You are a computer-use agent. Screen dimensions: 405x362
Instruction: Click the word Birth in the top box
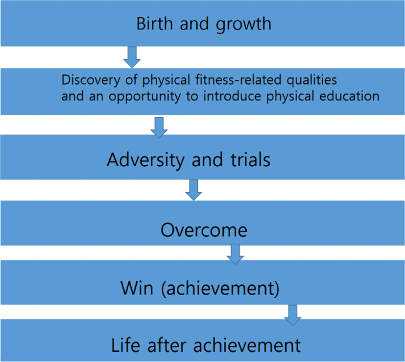click(x=154, y=24)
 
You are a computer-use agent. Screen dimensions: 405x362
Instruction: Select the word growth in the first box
click(x=243, y=25)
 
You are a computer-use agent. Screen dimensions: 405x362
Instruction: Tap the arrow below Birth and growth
click(x=132, y=57)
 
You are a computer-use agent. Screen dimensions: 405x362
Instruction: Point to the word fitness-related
click(x=238, y=79)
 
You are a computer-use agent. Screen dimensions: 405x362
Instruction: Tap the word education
click(x=350, y=96)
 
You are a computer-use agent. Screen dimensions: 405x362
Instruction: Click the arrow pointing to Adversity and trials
click(x=159, y=128)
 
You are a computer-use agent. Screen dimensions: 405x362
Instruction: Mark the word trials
click(x=250, y=159)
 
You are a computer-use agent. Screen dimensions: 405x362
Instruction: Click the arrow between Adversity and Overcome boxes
click(x=194, y=190)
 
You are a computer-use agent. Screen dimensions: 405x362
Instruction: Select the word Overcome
click(x=204, y=230)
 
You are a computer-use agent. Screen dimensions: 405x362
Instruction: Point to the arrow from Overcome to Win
click(x=235, y=254)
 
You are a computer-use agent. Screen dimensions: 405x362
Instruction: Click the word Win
click(x=137, y=288)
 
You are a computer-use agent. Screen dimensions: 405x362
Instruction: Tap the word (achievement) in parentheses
click(x=220, y=289)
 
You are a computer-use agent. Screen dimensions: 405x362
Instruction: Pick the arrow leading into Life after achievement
click(x=293, y=315)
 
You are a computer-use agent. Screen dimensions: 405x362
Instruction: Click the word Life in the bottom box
click(x=125, y=345)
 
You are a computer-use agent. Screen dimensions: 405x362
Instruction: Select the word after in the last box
click(x=167, y=345)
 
